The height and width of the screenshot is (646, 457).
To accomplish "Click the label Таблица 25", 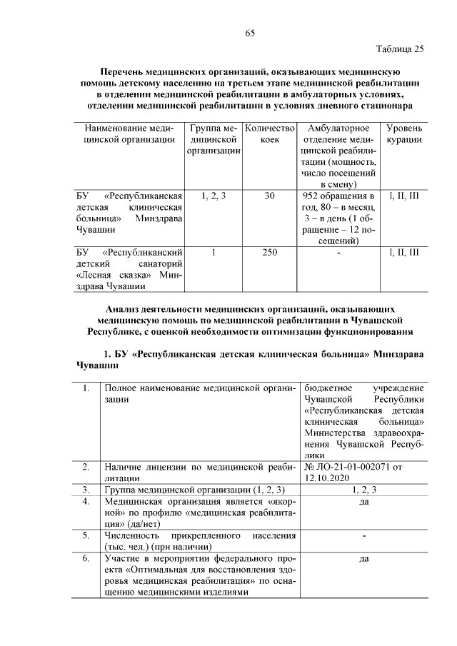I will pyautogui.click(x=400, y=49).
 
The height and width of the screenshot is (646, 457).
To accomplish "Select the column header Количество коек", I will pyautogui.click(x=269, y=133).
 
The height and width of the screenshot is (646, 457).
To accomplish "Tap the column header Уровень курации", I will pyautogui.click(x=404, y=133).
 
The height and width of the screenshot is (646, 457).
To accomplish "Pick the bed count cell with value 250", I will pyautogui.click(x=269, y=252).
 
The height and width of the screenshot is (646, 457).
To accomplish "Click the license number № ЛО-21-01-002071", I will pyautogui.click(x=348, y=467).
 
